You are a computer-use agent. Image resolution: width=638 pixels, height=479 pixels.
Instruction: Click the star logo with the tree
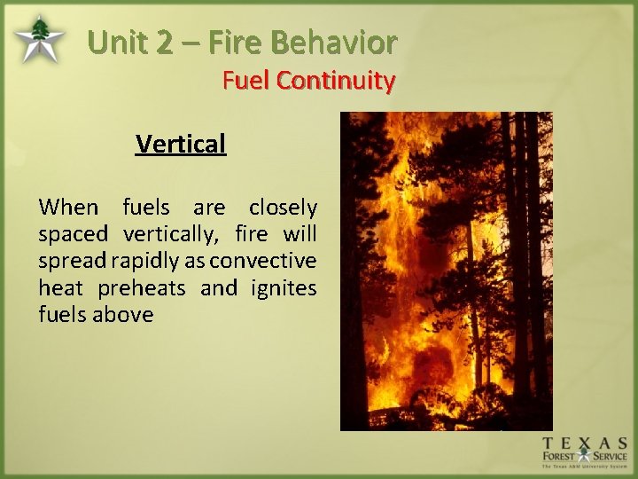click(x=39, y=40)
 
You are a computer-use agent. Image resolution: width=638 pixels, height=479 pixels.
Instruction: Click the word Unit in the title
click(x=120, y=42)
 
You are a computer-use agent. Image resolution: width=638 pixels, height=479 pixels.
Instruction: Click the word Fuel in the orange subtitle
click(x=245, y=81)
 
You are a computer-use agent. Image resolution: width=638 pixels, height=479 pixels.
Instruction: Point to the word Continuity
click(x=335, y=81)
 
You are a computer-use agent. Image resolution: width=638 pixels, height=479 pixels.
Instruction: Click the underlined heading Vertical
click(x=181, y=144)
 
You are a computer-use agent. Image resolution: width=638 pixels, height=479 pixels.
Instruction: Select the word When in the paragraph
click(x=68, y=208)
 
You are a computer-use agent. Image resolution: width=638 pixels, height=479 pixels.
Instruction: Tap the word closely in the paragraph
click(x=283, y=208)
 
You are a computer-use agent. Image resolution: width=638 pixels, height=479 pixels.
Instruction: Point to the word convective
click(x=262, y=261)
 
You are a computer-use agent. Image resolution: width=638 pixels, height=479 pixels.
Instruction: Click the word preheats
click(x=141, y=287)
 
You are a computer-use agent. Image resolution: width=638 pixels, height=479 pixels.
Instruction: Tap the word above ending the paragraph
click(x=122, y=314)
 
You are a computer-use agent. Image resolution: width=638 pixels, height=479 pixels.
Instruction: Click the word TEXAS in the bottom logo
click(x=585, y=443)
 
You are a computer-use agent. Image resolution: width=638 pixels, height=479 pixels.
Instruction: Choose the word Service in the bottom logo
click(x=610, y=457)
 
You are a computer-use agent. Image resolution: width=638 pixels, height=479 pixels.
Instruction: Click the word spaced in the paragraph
click(x=73, y=234)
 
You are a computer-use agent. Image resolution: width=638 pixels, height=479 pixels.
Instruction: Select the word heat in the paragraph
click(x=61, y=287)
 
